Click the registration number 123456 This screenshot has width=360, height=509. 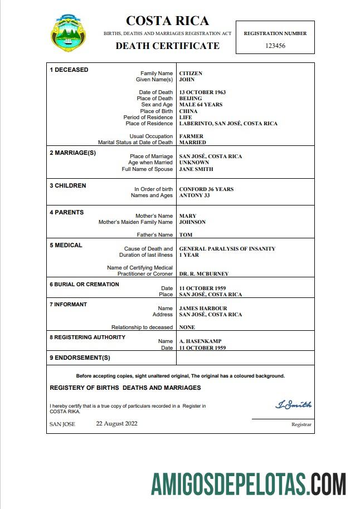tap(275, 46)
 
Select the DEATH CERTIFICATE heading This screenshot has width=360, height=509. tap(167, 46)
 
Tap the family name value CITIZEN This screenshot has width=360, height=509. tap(191, 74)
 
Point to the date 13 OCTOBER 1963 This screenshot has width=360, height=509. tap(202, 92)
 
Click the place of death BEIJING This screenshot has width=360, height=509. tap(191, 99)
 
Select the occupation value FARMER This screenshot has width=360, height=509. tap(191, 136)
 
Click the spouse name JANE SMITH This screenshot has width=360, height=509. tap(196, 169)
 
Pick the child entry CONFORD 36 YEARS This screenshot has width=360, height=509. tap(206, 189)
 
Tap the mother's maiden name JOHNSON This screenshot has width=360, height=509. tap(192, 222)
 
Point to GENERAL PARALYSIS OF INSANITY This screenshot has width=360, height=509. tap(227, 249)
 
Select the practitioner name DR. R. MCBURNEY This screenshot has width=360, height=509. tap(203, 274)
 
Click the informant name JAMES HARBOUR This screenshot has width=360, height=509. tap(203, 309)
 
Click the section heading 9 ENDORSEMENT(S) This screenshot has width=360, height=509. tap(80, 358)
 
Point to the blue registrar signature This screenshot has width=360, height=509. tap(294, 405)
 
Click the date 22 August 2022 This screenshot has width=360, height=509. tap(116, 423)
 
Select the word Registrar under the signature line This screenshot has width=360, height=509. tap(301, 424)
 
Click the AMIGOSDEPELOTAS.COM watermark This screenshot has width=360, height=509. tap(248, 483)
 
